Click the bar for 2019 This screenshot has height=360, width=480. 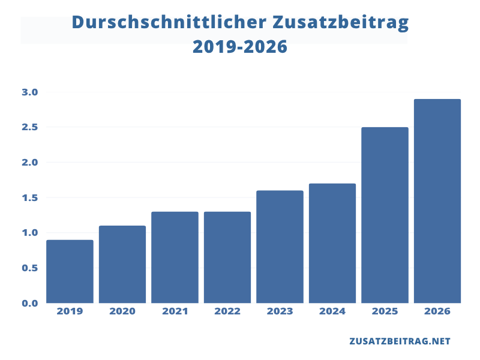coord(70,272)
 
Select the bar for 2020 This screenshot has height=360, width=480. coord(122,265)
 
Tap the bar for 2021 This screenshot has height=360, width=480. coord(175,257)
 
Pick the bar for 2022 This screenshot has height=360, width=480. coord(227,257)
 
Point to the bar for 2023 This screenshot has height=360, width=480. coord(280,247)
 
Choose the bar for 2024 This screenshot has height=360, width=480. coord(332,243)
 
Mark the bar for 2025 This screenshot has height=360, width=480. coord(385,215)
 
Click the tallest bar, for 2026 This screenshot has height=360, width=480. coord(437,201)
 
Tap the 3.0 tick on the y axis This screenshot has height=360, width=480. coord(30,92)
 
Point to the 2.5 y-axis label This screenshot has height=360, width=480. coord(30,127)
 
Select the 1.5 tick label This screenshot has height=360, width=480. coord(30,197)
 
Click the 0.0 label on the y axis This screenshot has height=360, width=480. coord(30,303)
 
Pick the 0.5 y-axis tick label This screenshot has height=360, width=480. coord(30,268)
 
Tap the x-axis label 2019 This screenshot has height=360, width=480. coord(70,311)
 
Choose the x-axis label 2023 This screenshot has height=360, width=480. coord(280,311)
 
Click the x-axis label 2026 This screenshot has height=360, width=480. coord(437,311)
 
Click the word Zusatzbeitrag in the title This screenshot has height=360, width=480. coord(341,22)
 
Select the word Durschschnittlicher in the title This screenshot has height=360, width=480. coord(169,22)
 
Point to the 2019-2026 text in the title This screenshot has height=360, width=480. coord(240,47)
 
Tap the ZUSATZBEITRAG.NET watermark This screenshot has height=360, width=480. coord(400,341)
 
